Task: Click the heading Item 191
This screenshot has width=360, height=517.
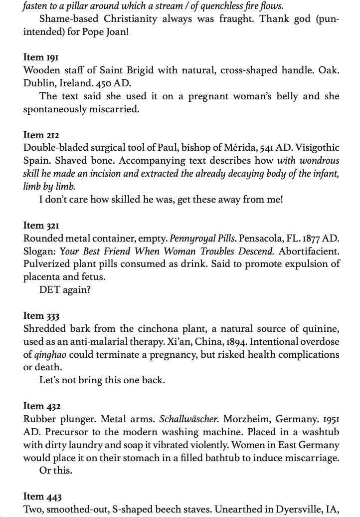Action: coord(40,57)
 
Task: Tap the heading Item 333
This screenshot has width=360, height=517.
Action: coord(41,315)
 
